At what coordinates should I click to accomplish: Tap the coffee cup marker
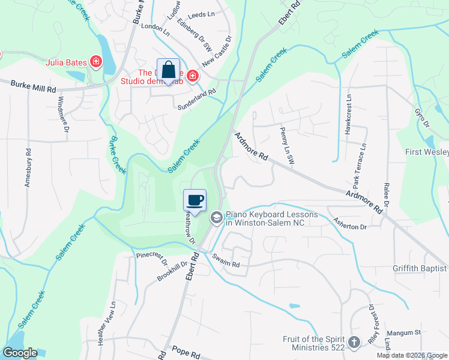(194, 200)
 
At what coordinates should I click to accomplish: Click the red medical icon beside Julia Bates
(95, 61)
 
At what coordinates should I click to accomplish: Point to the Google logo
(20, 353)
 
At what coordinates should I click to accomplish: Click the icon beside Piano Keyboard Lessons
(216, 217)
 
